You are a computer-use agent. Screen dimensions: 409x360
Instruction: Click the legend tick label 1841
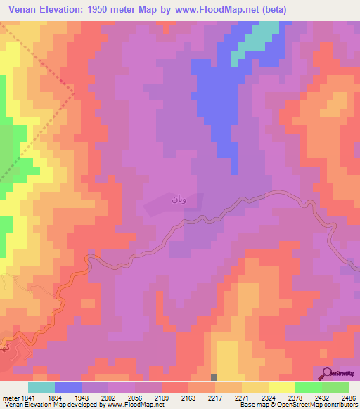pyautogui.click(x=27, y=398)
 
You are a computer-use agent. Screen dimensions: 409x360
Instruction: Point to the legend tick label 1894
pyautogui.click(x=67, y=398)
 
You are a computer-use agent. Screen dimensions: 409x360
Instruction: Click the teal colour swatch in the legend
pyautogui.click(x=41, y=387)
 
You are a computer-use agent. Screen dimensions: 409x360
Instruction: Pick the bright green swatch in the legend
pyautogui.click(x=308, y=387)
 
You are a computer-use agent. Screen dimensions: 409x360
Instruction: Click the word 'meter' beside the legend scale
pyautogui.click(x=9, y=398)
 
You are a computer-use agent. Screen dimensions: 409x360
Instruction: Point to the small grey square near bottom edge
pyautogui.click(x=214, y=377)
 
